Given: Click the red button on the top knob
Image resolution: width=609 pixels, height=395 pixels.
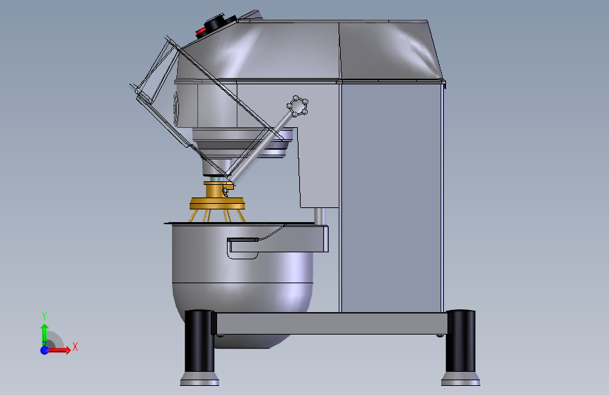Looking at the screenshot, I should pyautogui.click(x=201, y=30).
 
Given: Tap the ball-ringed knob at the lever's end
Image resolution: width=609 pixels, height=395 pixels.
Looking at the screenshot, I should pyautogui.click(x=298, y=106).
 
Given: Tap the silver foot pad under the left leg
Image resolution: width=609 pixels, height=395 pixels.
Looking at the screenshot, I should pyautogui.click(x=199, y=380).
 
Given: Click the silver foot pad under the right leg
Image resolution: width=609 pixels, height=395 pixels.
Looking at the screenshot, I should pyautogui.click(x=461, y=380).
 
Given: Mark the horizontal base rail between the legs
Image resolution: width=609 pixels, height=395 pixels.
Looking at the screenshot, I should pyautogui.click(x=330, y=323).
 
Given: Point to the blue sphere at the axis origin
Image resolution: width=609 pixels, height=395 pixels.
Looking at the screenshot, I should pyautogui.click(x=44, y=349).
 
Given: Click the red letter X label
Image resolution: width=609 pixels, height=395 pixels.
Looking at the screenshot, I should pyautogui.click(x=74, y=347).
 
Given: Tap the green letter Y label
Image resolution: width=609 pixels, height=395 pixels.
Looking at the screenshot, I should pyautogui.click(x=44, y=316).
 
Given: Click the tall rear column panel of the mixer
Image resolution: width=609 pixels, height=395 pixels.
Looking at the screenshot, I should pyautogui.click(x=390, y=197).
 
